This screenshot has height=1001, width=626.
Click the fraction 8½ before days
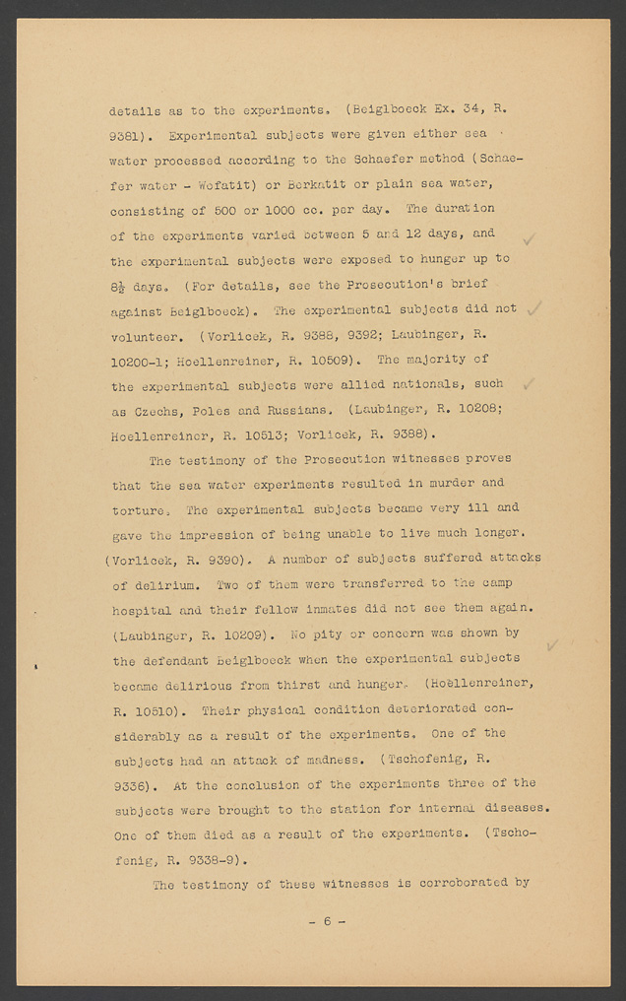tap(120, 285)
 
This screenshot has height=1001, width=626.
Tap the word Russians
tap(287, 410)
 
